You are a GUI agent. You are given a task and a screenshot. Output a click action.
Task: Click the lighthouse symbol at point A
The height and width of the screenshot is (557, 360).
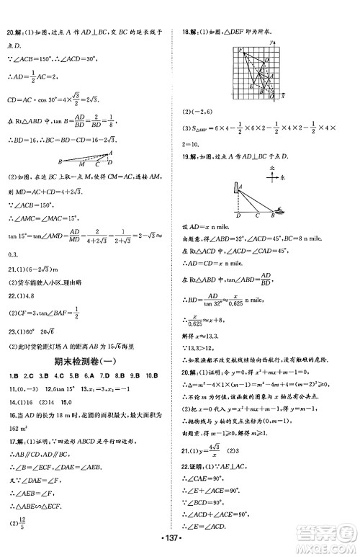tap(238, 190)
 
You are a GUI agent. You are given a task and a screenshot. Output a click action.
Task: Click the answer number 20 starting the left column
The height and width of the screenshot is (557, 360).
tap(9, 32)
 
